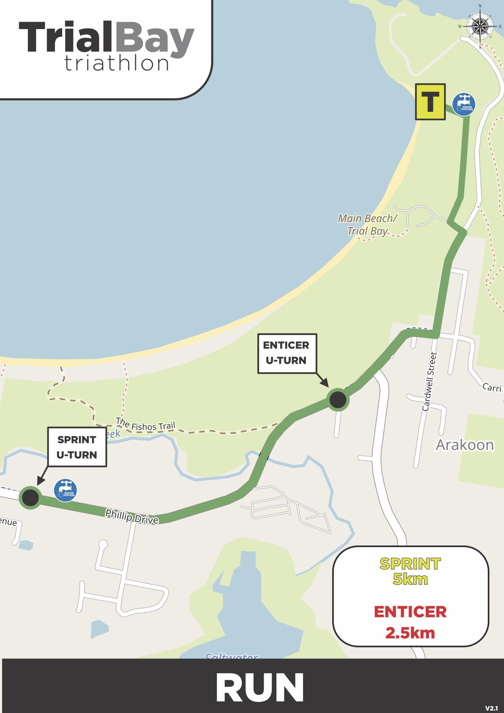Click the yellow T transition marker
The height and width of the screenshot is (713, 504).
430,102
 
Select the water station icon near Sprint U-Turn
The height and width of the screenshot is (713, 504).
65,490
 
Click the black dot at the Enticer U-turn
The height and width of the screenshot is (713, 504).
338,400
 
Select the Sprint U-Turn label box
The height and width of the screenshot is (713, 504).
77,447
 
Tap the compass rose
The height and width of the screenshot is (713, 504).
480,27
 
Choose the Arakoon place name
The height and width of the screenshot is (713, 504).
464,445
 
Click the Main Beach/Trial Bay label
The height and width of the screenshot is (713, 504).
367,225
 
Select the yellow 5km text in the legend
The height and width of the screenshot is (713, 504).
410,579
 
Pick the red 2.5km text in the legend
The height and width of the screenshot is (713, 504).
410,633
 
